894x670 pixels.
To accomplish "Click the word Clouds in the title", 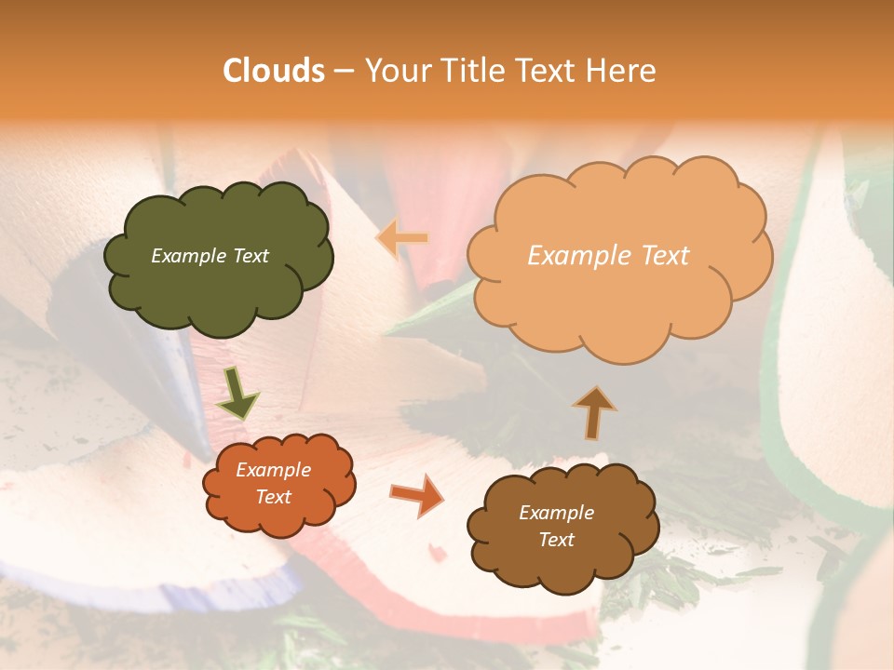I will pyautogui.click(x=274, y=71).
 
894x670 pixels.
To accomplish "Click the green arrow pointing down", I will pyautogui.click(x=237, y=394).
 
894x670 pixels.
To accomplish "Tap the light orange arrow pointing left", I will pyautogui.click(x=402, y=239).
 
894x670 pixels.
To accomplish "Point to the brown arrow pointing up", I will pyautogui.click(x=593, y=412).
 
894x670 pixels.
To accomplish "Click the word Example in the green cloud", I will pyautogui.click(x=188, y=256).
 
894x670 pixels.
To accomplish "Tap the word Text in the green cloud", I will pyautogui.click(x=250, y=256).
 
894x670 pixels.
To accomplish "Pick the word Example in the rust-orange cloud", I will pyautogui.click(x=273, y=470).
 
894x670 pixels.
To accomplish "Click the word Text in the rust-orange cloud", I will pyautogui.click(x=273, y=497).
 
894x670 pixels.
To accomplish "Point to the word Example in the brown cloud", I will pyautogui.click(x=556, y=513).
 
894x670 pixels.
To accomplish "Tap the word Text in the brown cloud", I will pyautogui.click(x=556, y=540).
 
